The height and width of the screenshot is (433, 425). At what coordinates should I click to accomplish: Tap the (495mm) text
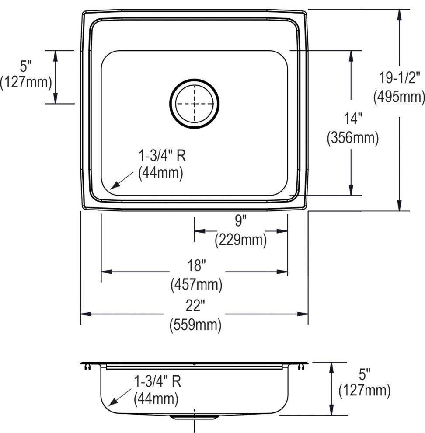[399, 97]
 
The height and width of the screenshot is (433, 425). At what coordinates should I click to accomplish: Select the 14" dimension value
[353, 119]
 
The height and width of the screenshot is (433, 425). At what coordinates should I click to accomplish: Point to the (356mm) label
[353, 137]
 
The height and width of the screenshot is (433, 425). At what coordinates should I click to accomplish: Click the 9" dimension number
[240, 221]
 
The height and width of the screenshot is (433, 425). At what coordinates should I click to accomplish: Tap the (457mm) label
[196, 285]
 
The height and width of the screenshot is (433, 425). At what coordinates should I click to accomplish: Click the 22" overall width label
[195, 306]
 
